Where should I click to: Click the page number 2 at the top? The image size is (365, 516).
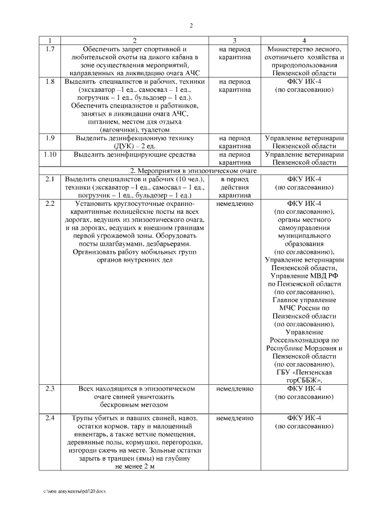coord(191,26)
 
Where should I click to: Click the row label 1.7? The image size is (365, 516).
coord(50,49)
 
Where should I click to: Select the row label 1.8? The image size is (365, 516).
coord(50,82)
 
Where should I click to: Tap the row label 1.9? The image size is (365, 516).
coord(50,138)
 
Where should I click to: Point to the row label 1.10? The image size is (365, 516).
coord(50,155)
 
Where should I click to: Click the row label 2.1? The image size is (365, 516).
coord(50,179)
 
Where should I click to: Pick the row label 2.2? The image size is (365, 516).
coord(50,204)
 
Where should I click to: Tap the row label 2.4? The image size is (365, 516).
coord(50,418)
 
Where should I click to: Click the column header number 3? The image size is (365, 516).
coord(234,41)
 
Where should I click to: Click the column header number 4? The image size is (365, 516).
coord(304,41)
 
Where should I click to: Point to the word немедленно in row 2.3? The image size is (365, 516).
coord(234,388)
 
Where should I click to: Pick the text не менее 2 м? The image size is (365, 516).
coord(135,466)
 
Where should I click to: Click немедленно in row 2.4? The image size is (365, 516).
coord(234,418)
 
